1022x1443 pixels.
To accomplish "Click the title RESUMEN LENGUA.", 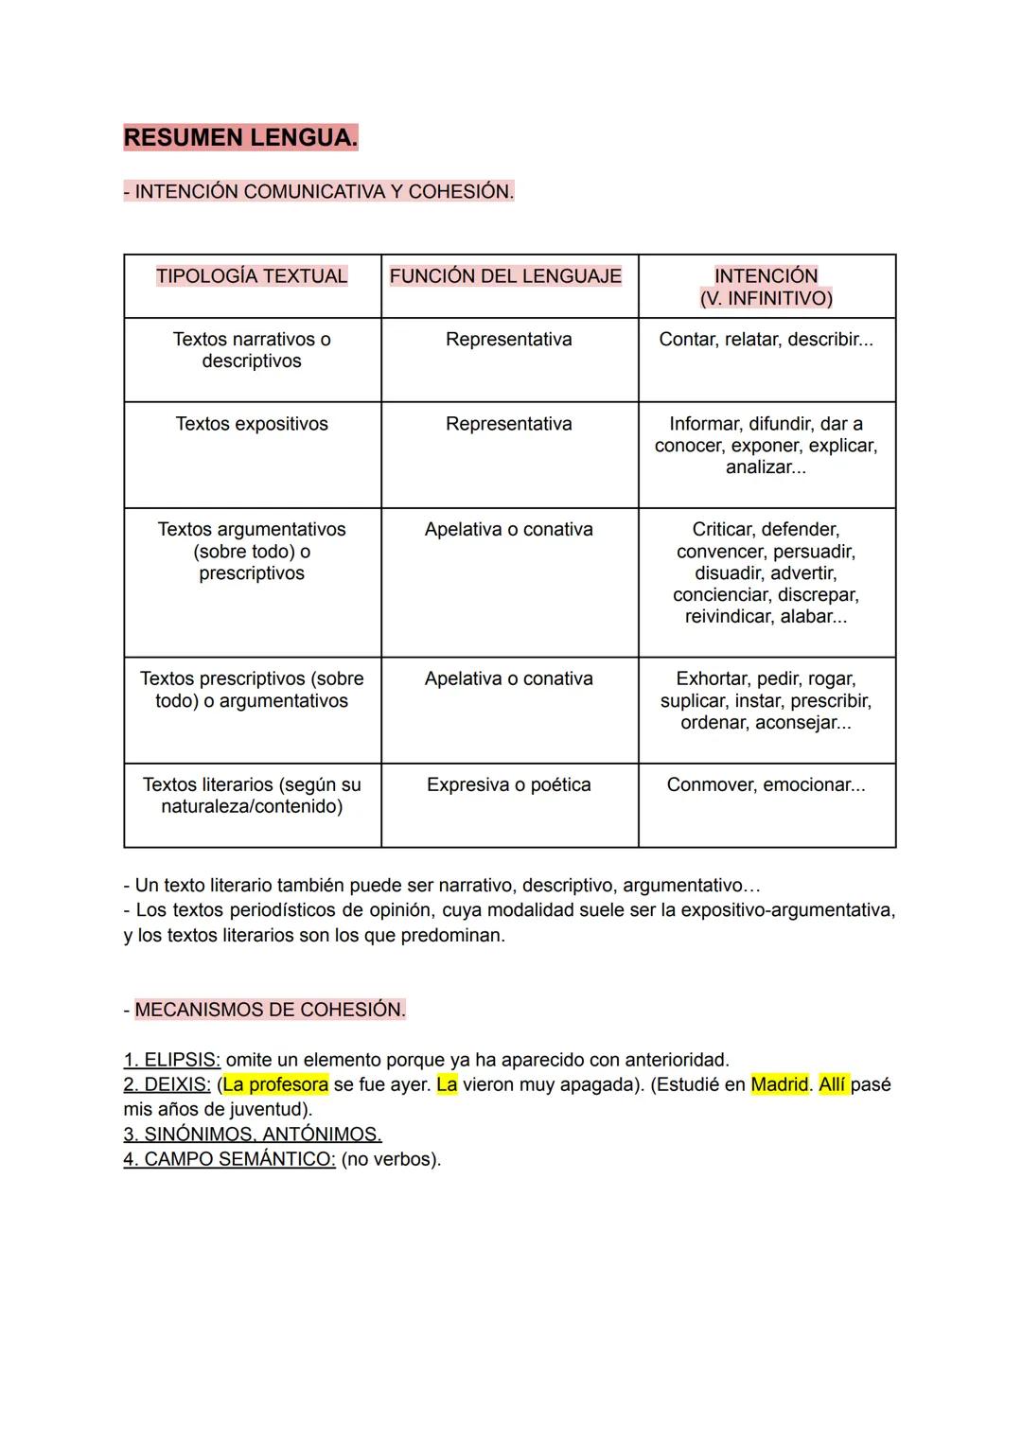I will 240,137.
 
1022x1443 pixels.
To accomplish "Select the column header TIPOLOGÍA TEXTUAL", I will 252,276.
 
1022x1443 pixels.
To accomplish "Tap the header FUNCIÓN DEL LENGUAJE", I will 505,276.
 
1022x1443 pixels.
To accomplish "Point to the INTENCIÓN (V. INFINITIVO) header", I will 766,287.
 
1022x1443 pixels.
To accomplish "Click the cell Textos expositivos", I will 252,424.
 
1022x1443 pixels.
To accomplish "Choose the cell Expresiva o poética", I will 509,784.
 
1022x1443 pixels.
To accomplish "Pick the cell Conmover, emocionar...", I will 766,784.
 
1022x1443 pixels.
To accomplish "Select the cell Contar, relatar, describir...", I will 766,339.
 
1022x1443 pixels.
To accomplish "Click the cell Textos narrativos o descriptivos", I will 252,350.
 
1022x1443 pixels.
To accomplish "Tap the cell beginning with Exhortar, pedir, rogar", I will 766,701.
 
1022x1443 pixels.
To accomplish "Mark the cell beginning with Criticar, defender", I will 766,572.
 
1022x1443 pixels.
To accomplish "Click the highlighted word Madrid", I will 780,1084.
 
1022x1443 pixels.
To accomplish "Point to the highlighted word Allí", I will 833,1084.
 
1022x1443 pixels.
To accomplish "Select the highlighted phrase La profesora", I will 275,1084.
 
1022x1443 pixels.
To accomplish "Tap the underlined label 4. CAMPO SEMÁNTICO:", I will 229,1159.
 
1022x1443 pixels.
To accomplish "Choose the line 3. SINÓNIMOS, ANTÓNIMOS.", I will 252,1134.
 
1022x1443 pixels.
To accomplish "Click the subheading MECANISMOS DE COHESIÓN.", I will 270,1010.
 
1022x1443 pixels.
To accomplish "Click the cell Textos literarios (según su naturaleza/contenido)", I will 252,796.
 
